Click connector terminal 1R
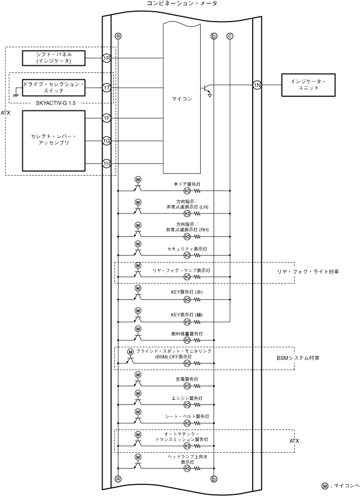pos(107,58)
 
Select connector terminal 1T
pos(107,88)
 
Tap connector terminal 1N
pos(257,85)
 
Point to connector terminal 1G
pos(107,141)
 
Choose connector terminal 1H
pos(107,163)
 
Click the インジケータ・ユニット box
pos(309,85)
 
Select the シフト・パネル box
pos(54,58)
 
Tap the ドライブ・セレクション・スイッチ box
pos(54,88)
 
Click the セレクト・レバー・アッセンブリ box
pos(54,141)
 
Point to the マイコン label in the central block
pos(182,99)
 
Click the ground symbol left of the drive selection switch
pos(17,94)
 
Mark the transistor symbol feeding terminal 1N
pos(206,90)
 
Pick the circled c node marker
pos(230,36)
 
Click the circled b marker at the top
pos(214,36)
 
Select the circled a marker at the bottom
pos(118,479)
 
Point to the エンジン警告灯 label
pos(187,398)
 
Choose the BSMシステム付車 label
pos(298,358)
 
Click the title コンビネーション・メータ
pos(182,4)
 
